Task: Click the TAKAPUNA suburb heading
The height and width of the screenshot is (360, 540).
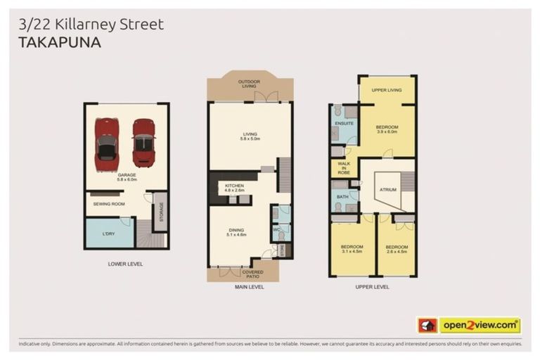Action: point(60,42)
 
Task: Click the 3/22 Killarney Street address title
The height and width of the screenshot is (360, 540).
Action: point(89,24)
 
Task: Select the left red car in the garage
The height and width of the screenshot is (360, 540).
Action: point(107,144)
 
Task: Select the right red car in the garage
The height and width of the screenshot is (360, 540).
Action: point(143,143)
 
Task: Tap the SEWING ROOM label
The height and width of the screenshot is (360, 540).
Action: point(108,204)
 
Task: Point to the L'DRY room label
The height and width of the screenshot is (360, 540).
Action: point(108,233)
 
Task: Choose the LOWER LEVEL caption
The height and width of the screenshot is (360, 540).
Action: point(126,265)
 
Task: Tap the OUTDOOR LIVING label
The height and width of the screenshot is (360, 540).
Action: point(249,84)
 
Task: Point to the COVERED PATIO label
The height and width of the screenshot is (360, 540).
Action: point(252,274)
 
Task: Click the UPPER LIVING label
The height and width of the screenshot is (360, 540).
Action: point(386,91)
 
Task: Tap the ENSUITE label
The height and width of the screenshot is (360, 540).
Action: point(344,124)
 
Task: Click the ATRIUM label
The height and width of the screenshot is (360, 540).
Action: point(386,189)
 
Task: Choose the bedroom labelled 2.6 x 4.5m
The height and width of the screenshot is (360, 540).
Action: point(397,250)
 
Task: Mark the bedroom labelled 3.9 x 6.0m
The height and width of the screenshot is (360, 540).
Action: point(387,129)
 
